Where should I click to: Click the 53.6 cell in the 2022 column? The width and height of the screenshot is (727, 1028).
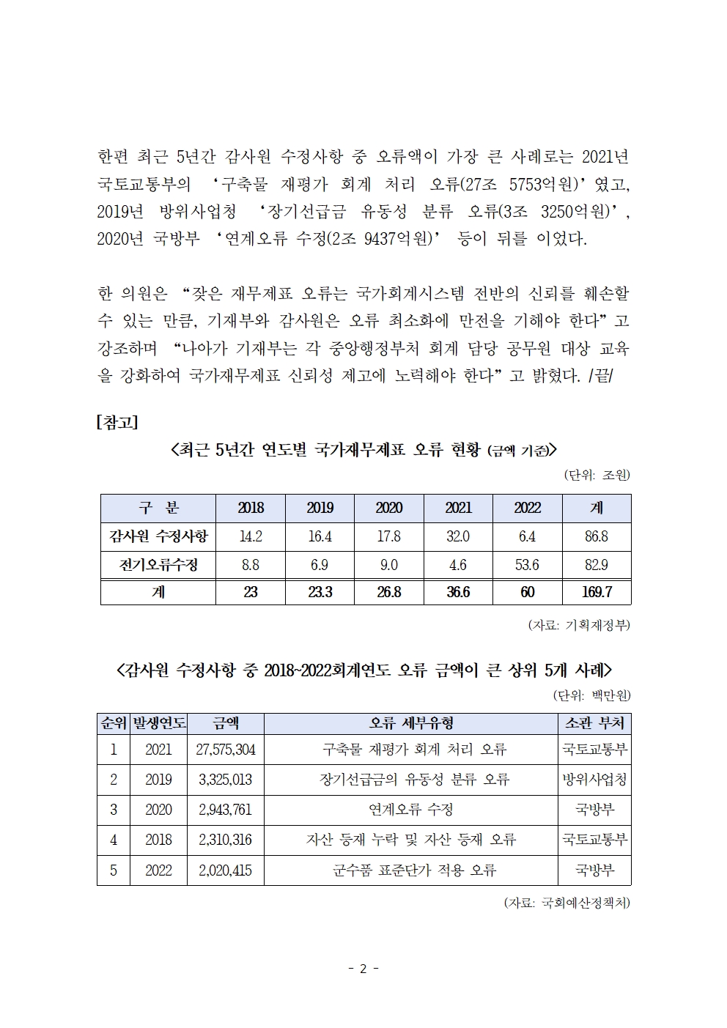tap(527, 565)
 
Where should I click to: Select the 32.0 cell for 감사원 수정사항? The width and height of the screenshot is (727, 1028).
tap(458, 536)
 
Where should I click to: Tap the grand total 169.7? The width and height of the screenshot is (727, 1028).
tap(597, 592)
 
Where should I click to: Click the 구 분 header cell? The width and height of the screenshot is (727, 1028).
tap(158, 508)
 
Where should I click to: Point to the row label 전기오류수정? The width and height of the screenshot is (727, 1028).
tap(158, 565)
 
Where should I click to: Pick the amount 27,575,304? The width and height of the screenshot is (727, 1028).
tap(226, 750)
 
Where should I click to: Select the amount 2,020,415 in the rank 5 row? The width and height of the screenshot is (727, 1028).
tap(226, 870)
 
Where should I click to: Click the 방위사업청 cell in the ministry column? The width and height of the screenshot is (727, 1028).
tap(594, 780)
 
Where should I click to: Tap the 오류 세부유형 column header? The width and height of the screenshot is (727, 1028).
tap(410, 723)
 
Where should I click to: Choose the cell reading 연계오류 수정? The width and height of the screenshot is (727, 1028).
tap(410, 810)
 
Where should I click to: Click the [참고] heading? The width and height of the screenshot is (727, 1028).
tap(117, 423)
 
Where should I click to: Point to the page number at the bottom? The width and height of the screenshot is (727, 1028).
tap(363, 969)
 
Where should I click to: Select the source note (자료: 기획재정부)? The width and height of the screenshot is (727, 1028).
tap(579, 625)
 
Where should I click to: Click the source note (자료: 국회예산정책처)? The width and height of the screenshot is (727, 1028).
tap(567, 903)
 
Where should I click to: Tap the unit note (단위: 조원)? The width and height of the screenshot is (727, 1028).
tap(597, 475)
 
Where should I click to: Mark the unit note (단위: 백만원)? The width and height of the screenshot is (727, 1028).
tap(591, 695)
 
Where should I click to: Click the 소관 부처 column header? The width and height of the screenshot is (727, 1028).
tap(594, 723)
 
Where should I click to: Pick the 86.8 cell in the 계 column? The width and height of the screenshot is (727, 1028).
tap(597, 536)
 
